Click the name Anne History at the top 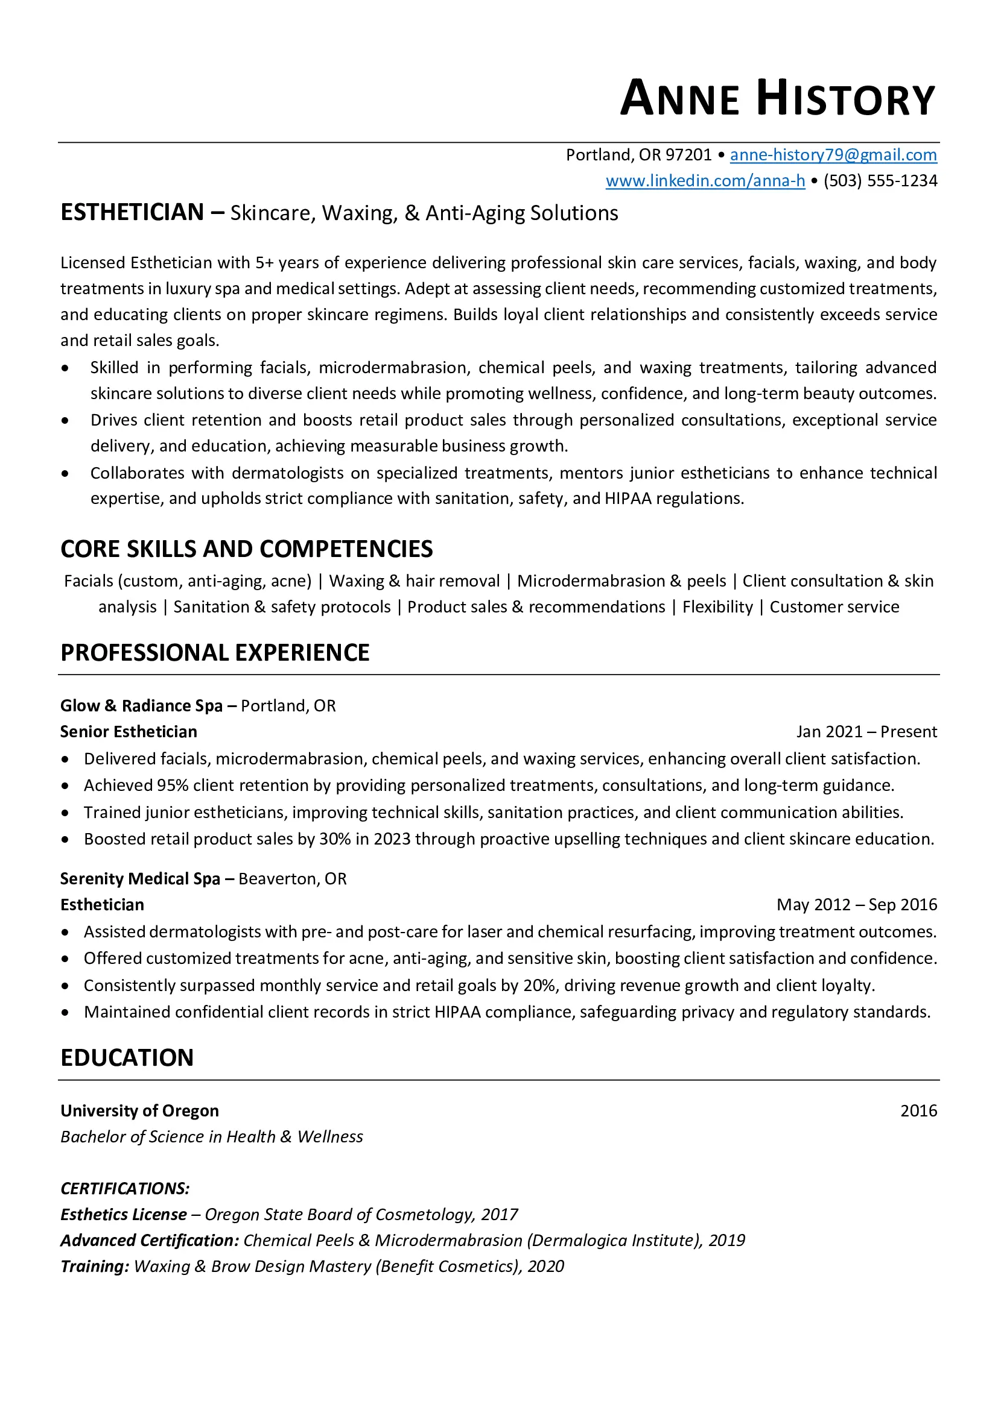click(777, 98)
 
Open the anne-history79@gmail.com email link click(833, 155)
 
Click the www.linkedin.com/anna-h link click(705, 181)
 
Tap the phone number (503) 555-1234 click(880, 181)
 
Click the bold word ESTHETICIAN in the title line click(132, 212)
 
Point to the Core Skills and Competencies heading click(246, 549)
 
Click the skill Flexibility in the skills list click(717, 607)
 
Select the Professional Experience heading click(214, 652)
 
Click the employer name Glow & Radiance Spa click(141, 706)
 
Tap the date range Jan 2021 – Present click(866, 731)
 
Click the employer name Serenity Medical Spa click(140, 879)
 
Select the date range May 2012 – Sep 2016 click(857, 905)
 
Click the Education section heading click(127, 1057)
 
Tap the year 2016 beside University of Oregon click(918, 1111)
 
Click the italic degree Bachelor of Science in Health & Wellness click(211, 1137)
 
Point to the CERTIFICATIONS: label click(126, 1188)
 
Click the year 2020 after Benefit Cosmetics click(545, 1267)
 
